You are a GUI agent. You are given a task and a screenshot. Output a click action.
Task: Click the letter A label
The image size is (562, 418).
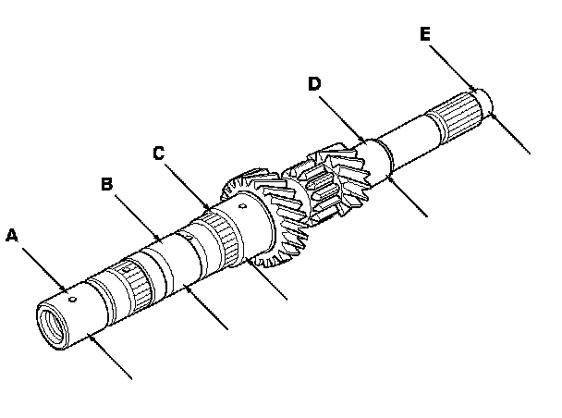[x=12, y=235]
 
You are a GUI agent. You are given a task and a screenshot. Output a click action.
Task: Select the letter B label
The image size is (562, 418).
[x=107, y=183]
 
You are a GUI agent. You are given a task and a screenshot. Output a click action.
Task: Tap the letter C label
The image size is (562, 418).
[x=161, y=153]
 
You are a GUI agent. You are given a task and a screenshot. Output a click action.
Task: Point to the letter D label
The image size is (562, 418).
[x=314, y=85]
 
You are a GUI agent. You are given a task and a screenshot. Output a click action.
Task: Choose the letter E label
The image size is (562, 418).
[x=424, y=34]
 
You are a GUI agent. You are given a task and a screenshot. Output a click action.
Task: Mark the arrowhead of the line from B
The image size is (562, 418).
[x=162, y=240]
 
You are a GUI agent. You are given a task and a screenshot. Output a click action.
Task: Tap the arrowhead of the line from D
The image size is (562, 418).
[x=365, y=141]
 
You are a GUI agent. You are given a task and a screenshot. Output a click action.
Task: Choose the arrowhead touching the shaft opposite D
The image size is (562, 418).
[x=387, y=178]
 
